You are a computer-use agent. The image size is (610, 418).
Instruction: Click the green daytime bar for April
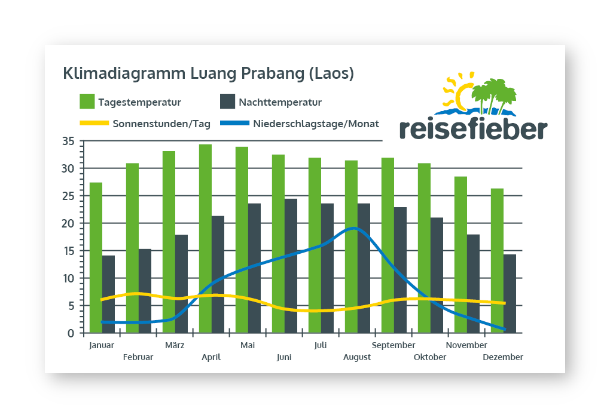pos(205,239)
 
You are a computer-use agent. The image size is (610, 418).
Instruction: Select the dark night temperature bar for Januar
pos(108,294)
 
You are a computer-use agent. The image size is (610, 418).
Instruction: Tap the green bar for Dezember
pos(497,260)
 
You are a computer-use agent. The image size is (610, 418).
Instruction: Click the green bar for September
pos(388,245)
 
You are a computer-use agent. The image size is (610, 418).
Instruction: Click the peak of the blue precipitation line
pos(355,228)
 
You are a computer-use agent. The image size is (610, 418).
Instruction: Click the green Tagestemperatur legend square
pos(87,102)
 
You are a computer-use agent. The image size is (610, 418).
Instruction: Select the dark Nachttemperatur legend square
pos(227,102)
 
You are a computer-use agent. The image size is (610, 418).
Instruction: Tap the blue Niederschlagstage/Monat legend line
pos(234,124)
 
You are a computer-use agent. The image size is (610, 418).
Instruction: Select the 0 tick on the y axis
pos(70,333)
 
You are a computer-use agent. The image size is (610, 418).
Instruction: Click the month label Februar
pos(138,357)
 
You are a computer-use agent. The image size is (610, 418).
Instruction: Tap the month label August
pos(357,357)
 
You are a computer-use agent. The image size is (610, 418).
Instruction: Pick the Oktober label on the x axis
pos(430,357)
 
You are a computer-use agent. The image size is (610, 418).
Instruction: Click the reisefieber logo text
pos(472,128)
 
